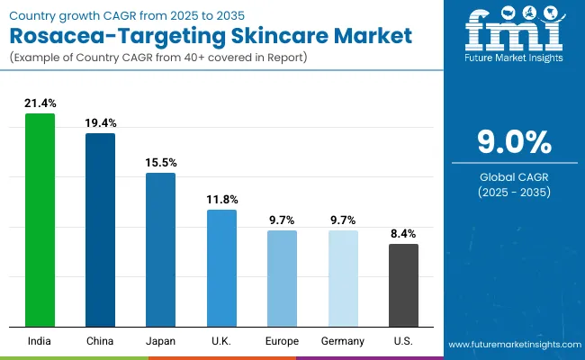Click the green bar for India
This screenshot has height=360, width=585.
(40, 220)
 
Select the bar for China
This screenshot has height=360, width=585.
(100, 229)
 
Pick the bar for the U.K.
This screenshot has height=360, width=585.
(221, 267)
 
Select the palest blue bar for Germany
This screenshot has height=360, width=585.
(343, 278)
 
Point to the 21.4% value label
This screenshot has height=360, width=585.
(40, 104)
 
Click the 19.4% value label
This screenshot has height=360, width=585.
(100, 123)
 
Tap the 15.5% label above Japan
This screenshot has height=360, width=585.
(161, 163)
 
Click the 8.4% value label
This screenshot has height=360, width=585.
(403, 234)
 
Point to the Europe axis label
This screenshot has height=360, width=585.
(282, 341)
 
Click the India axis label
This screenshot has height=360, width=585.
(40, 341)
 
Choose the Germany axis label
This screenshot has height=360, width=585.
(343, 341)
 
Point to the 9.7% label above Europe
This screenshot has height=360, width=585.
(282, 220)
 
